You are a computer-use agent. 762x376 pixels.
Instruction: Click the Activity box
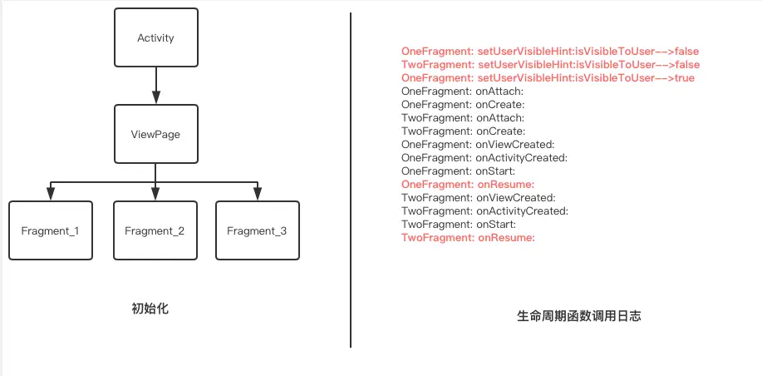tap(155, 38)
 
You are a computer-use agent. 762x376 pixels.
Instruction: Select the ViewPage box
tap(155, 134)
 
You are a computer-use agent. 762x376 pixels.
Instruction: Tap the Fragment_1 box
tap(50, 230)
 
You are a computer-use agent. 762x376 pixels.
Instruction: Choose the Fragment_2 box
tap(155, 230)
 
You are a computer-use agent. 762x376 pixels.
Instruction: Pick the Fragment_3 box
tap(257, 230)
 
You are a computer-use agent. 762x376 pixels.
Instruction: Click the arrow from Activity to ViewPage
tap(155, 86)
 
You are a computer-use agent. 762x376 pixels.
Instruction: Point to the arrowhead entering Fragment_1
tap(50, 195)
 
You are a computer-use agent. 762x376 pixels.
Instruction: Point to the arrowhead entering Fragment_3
tap(258, 195)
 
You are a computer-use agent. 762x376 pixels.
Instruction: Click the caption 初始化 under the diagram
tap(150, 309)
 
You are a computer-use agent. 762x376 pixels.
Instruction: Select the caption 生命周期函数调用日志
tap(578, 316)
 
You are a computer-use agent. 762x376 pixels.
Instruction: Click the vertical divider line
tap(351, 180)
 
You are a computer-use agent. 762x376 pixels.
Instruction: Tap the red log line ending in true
tap(548, 78)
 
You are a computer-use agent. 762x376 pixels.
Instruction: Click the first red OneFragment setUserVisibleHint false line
tap(549, 52)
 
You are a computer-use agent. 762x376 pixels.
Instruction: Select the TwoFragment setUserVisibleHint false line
tap(550, 65)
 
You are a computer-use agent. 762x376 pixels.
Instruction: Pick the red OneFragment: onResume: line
tap(467, 185)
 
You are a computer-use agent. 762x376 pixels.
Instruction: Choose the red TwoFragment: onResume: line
tap(467, 238)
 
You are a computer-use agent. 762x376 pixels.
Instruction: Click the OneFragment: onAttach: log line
tap(462, 92)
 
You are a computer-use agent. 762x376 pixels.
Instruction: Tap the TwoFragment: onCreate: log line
tap(463, 131)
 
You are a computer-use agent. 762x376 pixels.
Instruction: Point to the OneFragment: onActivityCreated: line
tap(484, 158)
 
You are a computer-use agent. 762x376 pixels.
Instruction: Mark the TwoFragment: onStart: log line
tap(459, 225)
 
